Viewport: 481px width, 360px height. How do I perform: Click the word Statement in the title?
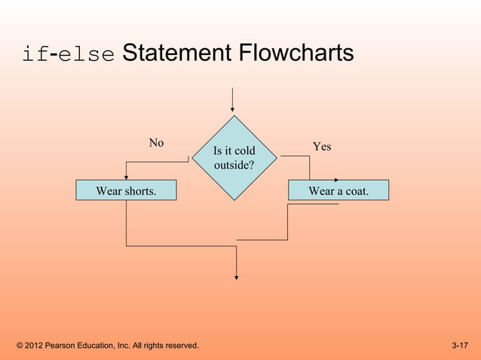176,54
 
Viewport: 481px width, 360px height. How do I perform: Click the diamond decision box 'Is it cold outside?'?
234,157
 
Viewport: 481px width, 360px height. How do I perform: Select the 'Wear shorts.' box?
126,191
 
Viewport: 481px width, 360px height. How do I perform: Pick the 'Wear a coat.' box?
339,191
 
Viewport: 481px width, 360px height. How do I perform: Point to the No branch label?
156,142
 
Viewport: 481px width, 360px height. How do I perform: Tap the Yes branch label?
322,147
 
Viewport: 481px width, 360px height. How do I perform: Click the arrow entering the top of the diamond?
233,101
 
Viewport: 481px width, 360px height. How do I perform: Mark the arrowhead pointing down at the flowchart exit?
237,276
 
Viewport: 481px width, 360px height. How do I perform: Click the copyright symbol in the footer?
20,346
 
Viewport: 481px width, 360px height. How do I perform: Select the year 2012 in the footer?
35,346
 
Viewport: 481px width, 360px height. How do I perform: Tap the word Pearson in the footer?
65,346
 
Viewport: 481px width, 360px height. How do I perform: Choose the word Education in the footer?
105,346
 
